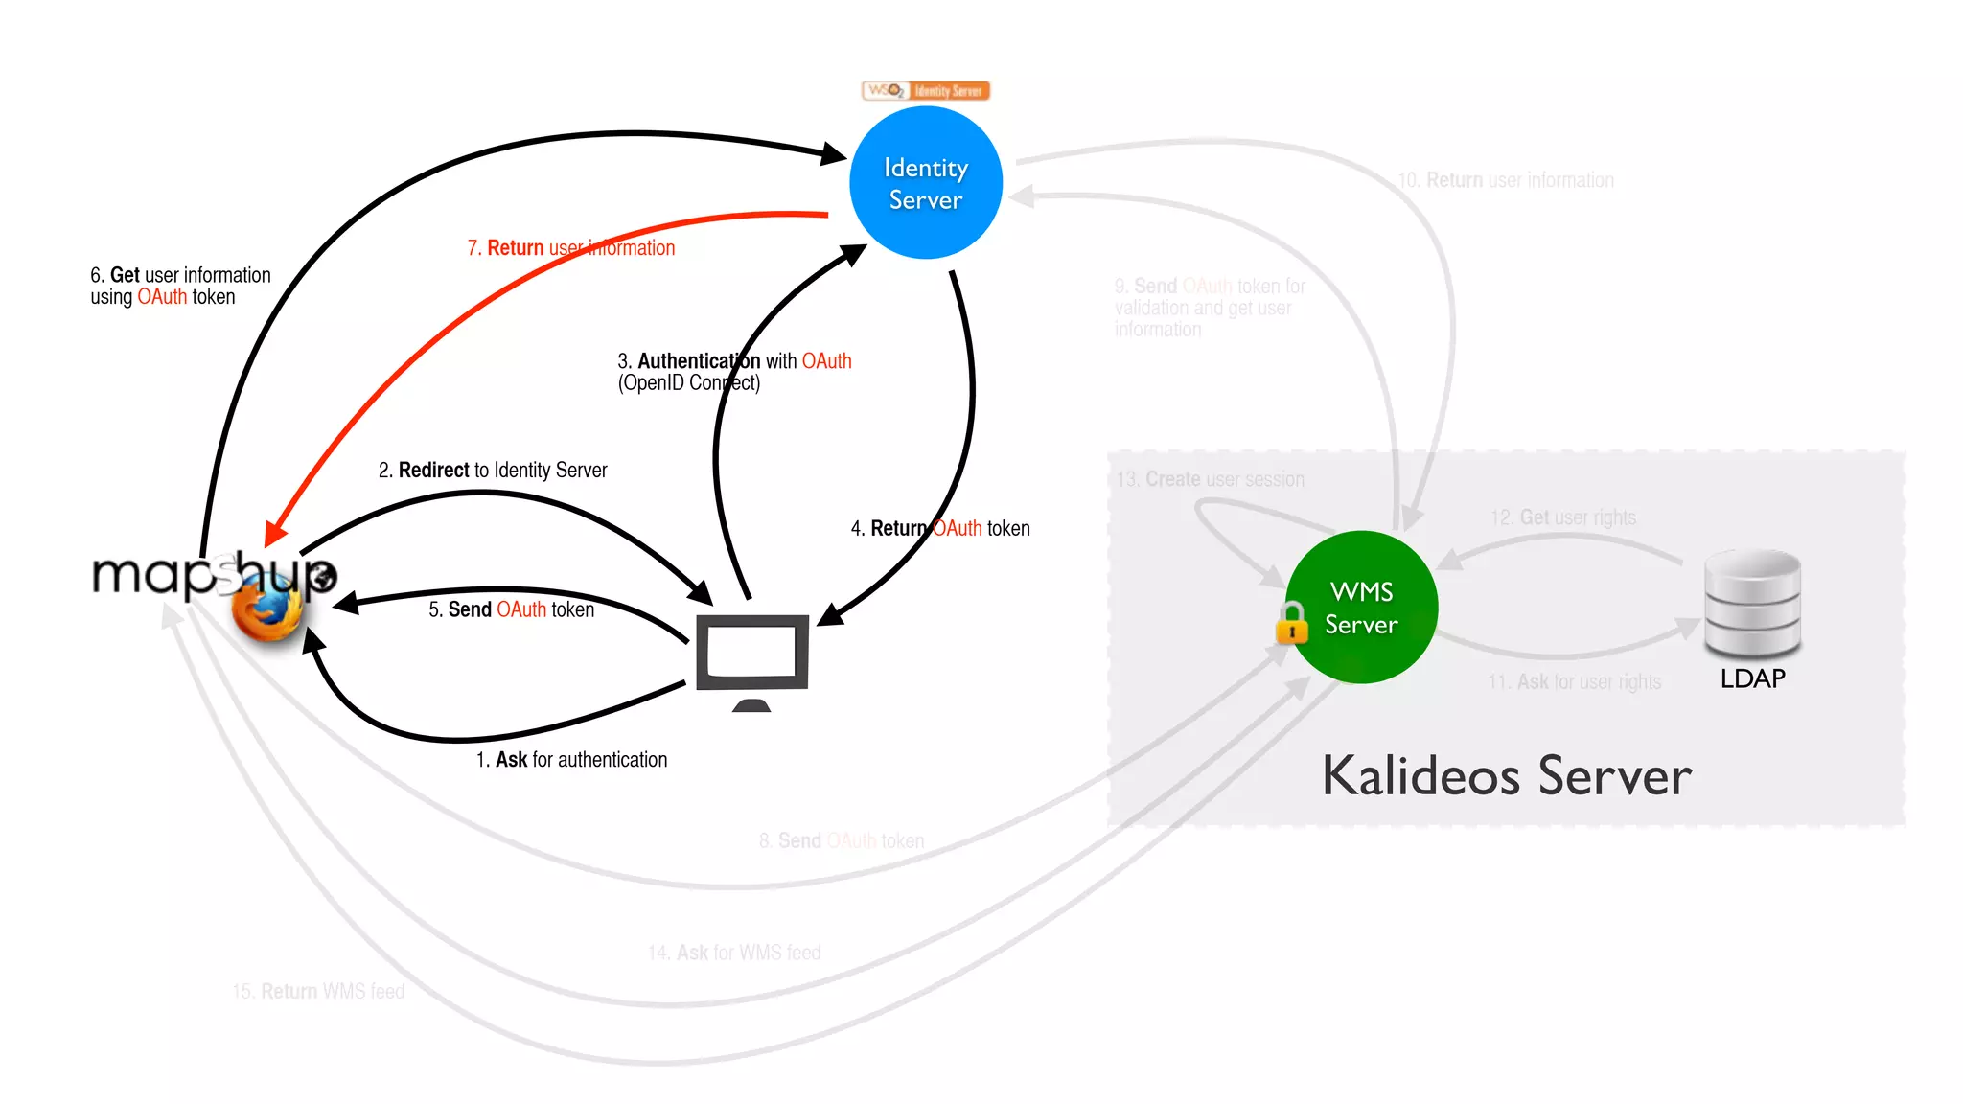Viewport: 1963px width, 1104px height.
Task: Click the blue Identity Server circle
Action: click(x=926, y=183)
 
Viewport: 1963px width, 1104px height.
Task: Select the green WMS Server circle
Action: click(x=1361, y=608)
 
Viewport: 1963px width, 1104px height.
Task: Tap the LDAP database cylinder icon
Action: click(x=1752, y=604)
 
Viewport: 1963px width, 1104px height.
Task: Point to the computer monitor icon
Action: click(x=752, y=655)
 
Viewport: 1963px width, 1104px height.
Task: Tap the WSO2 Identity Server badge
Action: click(x=926, y=91)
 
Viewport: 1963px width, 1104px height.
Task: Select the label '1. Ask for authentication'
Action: click(x=571, y=760)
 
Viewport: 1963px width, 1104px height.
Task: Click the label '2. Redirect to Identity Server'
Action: click(x=493, y=471)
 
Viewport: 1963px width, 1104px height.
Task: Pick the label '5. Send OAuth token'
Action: click(x=511, y=609)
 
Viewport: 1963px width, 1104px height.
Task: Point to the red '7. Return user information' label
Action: click(x=571, y=248)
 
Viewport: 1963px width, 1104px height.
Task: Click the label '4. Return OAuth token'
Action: click(x=940, y=529)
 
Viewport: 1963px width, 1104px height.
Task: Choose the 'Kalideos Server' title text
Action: click(x=1507, y=776)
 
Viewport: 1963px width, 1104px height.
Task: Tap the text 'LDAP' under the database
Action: click(x=1752, y=678)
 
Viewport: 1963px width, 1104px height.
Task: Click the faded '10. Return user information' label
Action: click(x=1506, y=180)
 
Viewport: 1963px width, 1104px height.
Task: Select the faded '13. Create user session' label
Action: click(x=1211, y=479)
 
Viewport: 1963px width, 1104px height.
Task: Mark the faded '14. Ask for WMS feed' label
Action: click(x=734, y=954)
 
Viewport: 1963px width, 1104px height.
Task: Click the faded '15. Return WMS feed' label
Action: click(x=318, y=992)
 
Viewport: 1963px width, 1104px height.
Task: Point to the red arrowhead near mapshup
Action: click(x=275, y=533)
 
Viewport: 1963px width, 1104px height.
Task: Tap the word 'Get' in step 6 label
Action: click(x=125, y=275)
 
